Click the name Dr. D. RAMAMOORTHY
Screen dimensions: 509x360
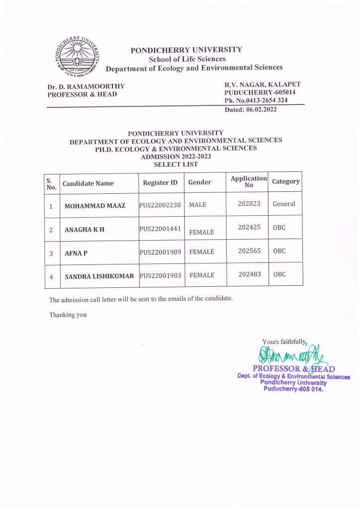(86, 86)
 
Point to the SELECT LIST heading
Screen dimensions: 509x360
(176, 164)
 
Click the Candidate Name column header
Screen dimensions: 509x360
(88, 183)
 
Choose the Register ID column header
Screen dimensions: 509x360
(160, 182)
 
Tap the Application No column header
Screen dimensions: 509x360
(249, 181)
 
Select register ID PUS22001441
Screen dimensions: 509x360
(160, 229)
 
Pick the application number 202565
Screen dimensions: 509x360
(249, 251)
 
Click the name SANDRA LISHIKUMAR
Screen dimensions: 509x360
(99, 276)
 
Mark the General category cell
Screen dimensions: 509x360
(284, 204)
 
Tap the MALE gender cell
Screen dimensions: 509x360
(197, 205)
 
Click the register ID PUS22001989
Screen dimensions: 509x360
(160, 252)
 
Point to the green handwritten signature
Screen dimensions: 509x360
(291, 355)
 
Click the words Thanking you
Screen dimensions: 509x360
(68, 315)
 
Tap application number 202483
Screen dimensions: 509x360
(249, 274)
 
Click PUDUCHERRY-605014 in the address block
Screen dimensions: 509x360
(260, 92)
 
